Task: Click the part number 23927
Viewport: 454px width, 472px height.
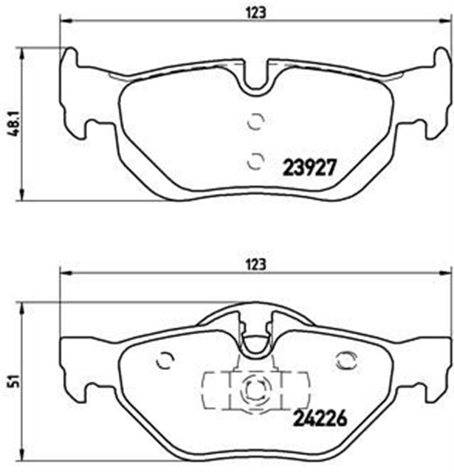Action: coord(310,167)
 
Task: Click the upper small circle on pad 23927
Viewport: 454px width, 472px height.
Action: coord(255,122)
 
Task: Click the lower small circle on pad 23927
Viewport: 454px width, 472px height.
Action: coord(255,159)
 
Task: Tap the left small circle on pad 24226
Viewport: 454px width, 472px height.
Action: coord(165,360)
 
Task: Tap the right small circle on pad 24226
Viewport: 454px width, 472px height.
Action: coord(344,360)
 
